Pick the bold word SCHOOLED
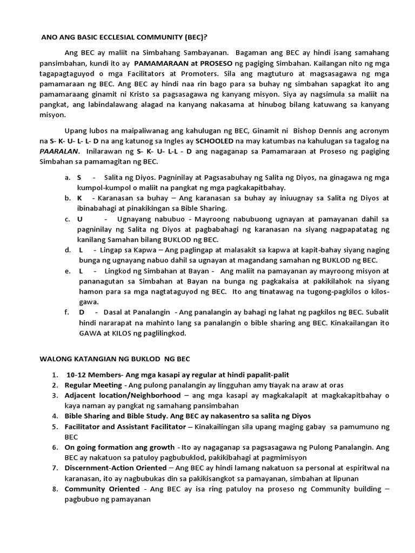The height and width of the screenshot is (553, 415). click(x=215, y=141)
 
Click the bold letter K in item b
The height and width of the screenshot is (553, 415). click(x=79, y=198)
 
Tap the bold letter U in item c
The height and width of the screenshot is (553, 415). click(x=80, y=219)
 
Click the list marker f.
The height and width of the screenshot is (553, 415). click(x=66, y=313)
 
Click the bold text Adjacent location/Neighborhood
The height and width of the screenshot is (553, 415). click(x=123, y=395)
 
